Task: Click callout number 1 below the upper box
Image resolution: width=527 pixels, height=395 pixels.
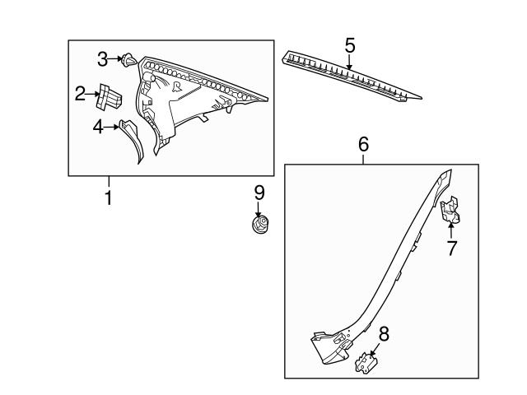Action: tap(107, 198)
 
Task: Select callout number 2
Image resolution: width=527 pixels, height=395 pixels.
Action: tap(81, 94)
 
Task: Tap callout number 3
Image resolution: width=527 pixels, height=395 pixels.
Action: tap(103, 58)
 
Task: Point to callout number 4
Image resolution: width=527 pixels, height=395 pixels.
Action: tap(97, 128)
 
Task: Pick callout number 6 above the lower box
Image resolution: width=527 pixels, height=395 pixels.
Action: tap(363, 145)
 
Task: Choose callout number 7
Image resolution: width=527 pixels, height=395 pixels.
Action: tap(452, 249)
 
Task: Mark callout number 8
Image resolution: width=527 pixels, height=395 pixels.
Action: tap(382, 333)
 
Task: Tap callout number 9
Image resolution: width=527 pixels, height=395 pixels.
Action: tap(259, 193)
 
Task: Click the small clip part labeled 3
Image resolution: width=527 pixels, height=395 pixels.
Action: tap(128, 58)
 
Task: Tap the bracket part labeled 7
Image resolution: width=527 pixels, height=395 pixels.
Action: tap(451, 212)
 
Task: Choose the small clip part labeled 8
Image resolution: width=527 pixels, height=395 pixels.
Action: tap(365, 362)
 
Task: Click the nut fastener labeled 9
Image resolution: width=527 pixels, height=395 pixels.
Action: tap(260, 223)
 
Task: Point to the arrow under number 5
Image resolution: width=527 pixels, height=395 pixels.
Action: tap(349, 59)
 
